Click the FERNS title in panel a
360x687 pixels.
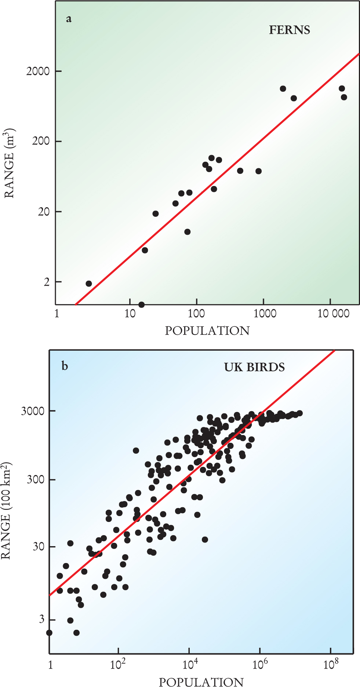point(290,30)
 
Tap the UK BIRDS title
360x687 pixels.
point(254,367)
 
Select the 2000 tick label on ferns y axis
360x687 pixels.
point(38,71)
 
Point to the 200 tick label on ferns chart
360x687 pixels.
point(41,141)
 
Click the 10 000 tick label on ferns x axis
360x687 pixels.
point(334,314)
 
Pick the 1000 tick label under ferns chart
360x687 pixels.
point(265,314)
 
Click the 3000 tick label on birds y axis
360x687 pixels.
point(33,411)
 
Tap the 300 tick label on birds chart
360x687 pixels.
point(36,479)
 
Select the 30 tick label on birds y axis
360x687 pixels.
point(39,547)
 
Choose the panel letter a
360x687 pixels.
point(69,19)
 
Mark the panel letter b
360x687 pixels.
point(65,366)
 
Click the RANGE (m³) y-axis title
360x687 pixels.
point(9,163)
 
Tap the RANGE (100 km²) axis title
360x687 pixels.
point(6,511)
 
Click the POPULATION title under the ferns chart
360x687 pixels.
point(207,331)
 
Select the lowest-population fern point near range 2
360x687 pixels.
point(89,284)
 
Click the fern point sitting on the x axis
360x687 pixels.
point(141,304)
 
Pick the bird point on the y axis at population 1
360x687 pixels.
point(49,633)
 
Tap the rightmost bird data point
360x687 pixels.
point(299,413)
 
